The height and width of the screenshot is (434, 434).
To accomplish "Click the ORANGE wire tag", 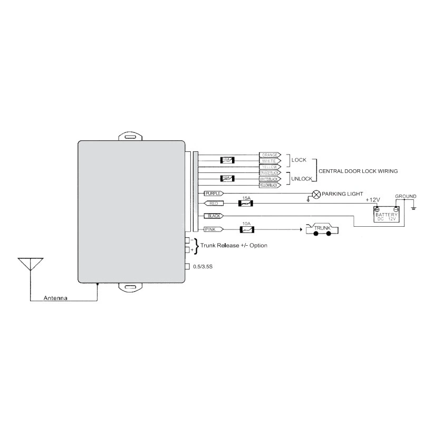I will tap(270, 155).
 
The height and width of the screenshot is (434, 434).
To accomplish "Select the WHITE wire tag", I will tap(270, 161).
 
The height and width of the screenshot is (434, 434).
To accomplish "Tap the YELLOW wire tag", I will tap(270, 167).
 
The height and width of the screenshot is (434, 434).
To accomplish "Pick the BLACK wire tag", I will tap(214, 216).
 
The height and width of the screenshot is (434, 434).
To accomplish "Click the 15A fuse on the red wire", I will tap(246, 203).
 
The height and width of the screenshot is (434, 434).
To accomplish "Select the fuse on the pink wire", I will tap(246, 229).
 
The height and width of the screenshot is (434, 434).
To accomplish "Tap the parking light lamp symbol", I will tap(316, 194).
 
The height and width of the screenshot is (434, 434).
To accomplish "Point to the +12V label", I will tap(373, 200).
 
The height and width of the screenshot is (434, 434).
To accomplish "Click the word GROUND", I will tap(406, 197).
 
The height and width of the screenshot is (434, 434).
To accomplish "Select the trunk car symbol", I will tap(321, 229).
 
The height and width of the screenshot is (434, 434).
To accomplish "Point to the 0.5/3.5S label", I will tap(203, 267).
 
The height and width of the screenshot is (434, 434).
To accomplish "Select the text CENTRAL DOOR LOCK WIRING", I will tap(358, 171).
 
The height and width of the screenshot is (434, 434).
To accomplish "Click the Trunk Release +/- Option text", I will tap(234, 246).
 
